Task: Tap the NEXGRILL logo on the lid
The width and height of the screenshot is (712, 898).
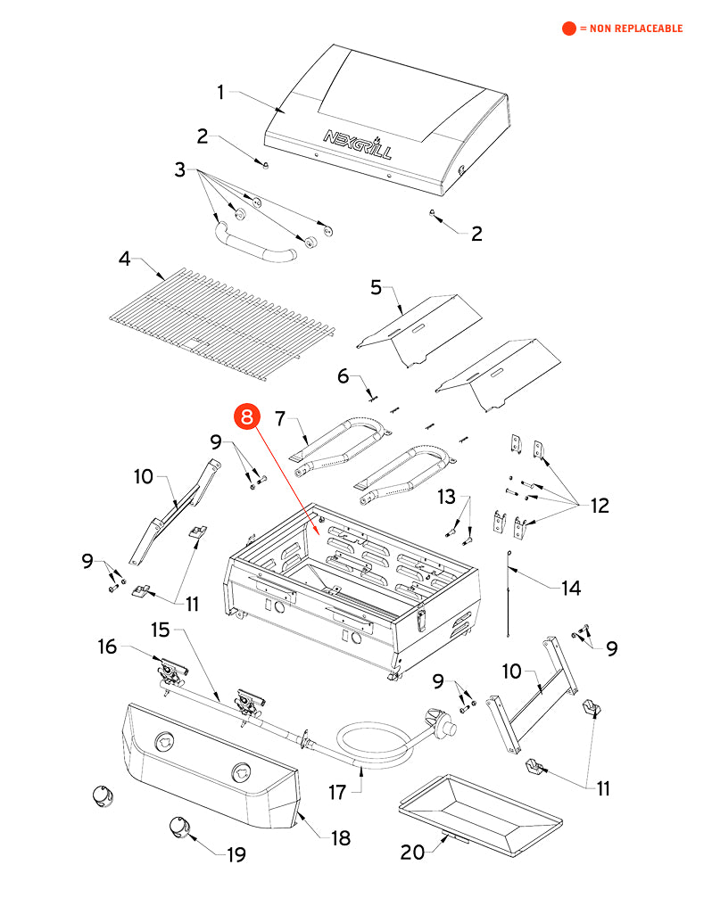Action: click(x=356, y=144)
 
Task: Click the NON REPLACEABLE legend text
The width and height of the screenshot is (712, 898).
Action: click(x=630, y=29)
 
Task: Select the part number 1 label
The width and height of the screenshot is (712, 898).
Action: click(x=223, y=91)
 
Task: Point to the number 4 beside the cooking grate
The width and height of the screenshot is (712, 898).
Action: click(x=125, y=259)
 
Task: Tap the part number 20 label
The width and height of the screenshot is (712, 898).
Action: click(x=412, y=853)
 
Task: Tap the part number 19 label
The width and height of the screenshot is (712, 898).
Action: click(x=236, y=855)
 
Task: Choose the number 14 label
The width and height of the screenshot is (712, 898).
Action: click(x=570, y=588)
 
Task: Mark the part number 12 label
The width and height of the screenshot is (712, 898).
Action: click(x=599, y=506)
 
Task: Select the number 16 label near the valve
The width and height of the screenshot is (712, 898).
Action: click(x=107, y=647)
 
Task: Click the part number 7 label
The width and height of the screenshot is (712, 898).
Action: click(x=279, y=417)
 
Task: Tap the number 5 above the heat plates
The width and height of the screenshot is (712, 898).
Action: click(x=376, y=287)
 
